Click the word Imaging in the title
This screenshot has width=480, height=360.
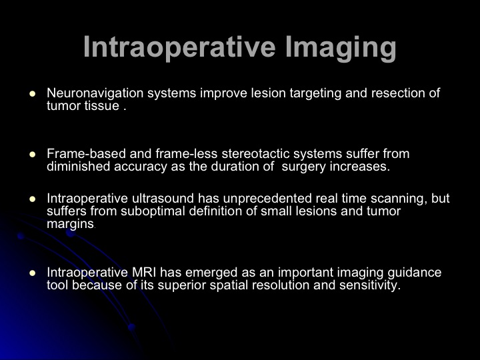point(341,48)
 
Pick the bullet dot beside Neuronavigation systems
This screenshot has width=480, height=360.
point(33,94)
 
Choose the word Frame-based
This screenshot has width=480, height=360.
point(86,154)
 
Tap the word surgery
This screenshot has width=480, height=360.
point(304,167)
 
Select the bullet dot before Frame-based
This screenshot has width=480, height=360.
point(33,154)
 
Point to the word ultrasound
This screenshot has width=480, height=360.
point(163,199)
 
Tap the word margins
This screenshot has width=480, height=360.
point(70,225)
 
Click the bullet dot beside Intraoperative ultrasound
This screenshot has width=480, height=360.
point(33,199)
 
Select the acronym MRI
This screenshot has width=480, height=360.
point(144,272)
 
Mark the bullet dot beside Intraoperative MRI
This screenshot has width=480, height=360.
point(33,273)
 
